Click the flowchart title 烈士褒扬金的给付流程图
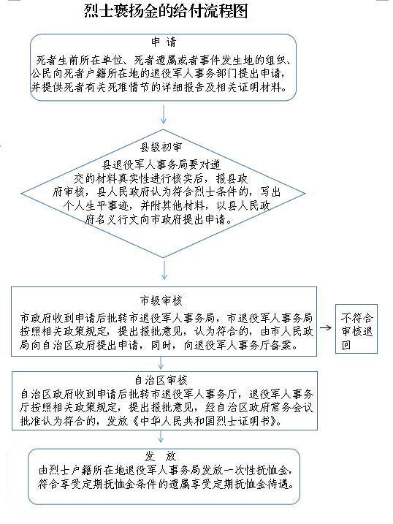coord(166,11)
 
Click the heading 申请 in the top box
coord(164,42)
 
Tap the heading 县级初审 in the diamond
coord(161,147)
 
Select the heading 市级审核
coord(161,300)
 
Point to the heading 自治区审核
coord(161,380)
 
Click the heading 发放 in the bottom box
coord(161,456)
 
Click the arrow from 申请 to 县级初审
coord(164,115)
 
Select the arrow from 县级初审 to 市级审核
coord(164,270)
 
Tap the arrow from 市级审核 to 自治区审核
coord(161,363)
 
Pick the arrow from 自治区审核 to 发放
coord(161,437)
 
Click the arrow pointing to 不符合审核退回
coord(326,327)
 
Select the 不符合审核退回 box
coord(356,328)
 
